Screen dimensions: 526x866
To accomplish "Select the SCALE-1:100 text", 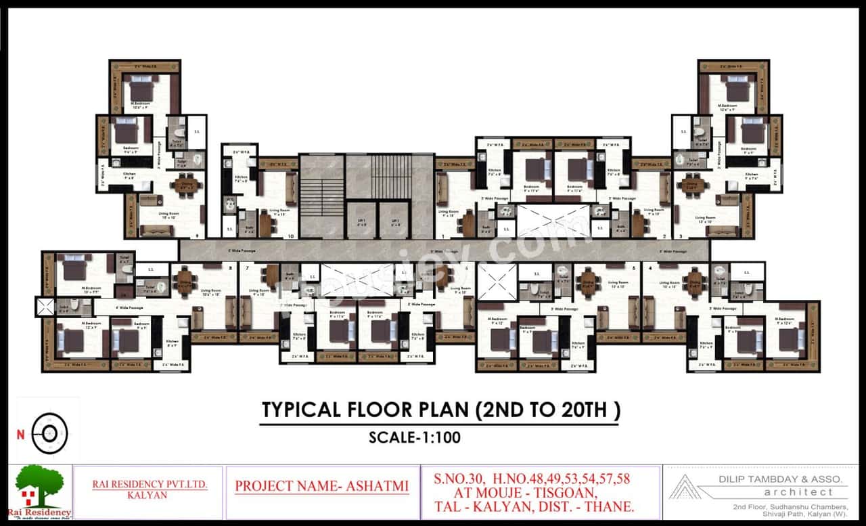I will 415,437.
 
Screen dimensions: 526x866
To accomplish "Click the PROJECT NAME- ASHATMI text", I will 322,486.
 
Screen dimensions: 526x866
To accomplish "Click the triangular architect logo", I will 686,487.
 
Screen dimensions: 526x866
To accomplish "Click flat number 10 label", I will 291,236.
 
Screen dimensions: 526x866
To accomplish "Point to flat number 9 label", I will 198,236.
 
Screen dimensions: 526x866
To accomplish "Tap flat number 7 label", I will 248,268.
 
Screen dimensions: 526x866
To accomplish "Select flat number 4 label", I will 650,268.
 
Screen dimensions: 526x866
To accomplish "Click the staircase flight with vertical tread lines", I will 390,177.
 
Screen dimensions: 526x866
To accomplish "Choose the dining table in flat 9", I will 184,183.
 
